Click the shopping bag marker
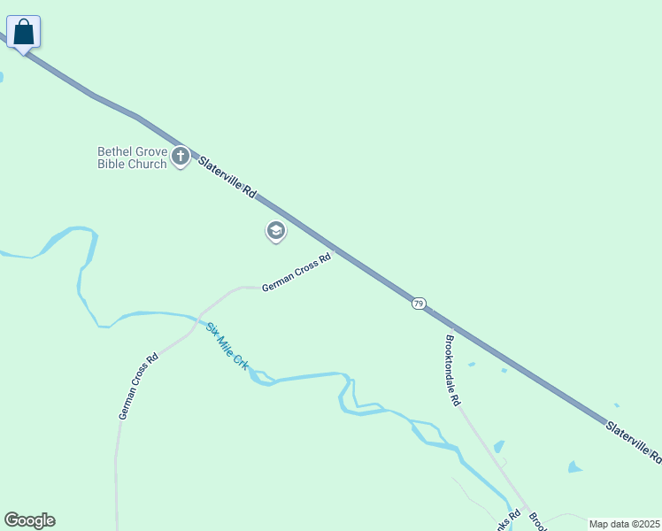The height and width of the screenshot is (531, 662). coord(23,33)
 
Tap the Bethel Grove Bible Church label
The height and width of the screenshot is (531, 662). coord(132,158)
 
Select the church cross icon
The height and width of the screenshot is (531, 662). coord(181,158)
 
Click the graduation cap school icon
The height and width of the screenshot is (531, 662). coord(275,231)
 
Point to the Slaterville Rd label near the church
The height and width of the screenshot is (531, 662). coord(227,177)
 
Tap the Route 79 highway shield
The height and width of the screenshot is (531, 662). coord(419,304)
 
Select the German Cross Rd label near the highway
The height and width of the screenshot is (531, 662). coord(296,273)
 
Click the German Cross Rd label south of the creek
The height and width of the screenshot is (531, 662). coord(138,386)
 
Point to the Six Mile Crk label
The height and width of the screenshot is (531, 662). coord(227,346)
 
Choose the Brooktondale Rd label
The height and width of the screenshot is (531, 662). coord(453,370)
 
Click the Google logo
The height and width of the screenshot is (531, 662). coord(29,520)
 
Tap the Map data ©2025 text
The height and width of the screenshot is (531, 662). coord(625,524)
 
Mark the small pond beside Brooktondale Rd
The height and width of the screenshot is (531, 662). coord(498,447)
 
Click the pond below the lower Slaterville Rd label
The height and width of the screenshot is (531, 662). coord(575,466)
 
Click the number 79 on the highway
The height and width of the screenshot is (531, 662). coord(419,304)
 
